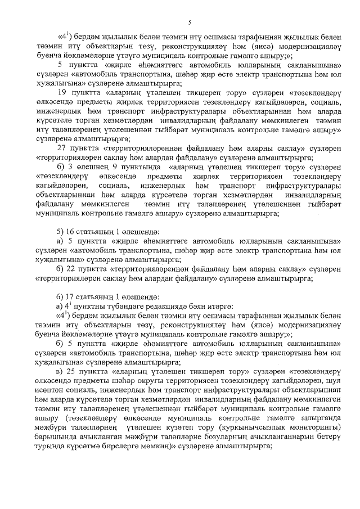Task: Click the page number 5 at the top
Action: tap(190, 23)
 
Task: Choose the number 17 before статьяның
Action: tap(71, 296)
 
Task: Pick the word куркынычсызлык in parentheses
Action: tap(260, 428)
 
